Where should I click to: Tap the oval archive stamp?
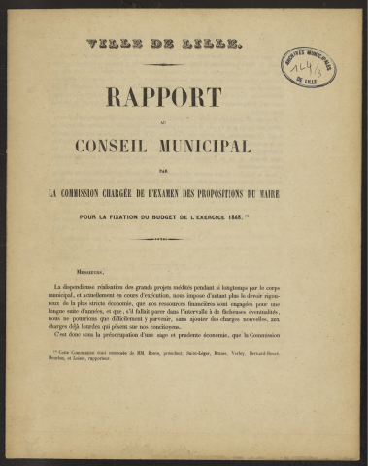[x=308, y=67]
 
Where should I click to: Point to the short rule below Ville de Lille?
[x=163, y=64]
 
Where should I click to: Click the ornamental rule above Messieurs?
[x=163, y=239]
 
